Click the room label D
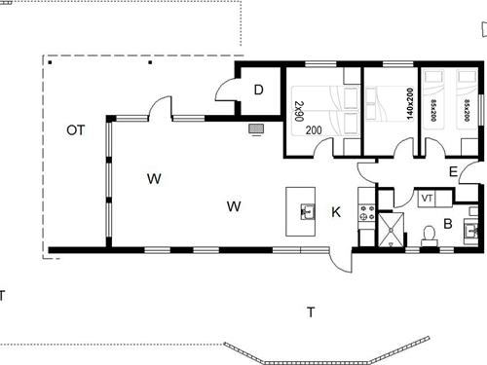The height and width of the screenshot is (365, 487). pos(258,91)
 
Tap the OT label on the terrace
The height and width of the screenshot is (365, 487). pos(75,129)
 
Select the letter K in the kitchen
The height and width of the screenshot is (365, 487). pos(336,211)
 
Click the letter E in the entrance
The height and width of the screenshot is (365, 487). pos(454,171)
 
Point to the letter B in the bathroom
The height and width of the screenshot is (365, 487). pos(448,223)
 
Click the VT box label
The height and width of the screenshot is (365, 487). pos(427,199)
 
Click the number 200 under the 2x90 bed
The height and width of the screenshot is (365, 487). pos(314,129)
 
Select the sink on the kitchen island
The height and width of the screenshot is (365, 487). pos(306,210)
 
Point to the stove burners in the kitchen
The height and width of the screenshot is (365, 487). pos(366,210)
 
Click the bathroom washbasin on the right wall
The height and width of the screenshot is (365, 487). pos(471,232)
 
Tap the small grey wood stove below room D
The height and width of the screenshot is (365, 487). pos(257,128)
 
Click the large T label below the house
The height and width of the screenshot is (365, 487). pos(311,312)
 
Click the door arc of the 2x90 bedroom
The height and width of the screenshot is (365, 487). pos(352,147)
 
